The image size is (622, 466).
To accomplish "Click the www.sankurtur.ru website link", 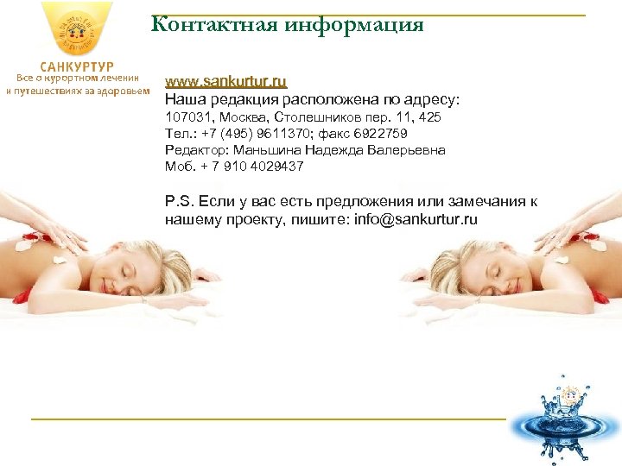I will point(225,82).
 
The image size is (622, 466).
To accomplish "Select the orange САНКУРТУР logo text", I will point(77,66).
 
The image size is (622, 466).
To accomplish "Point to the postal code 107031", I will point(187,116).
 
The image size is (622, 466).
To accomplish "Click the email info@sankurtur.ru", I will point(415,219).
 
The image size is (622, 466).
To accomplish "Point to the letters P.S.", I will point(179,201).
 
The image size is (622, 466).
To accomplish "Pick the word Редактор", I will point(193,149).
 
